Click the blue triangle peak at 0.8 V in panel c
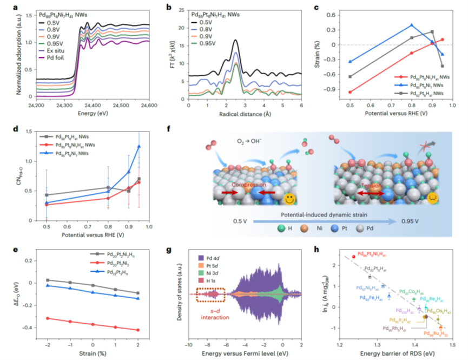pyautogui.click(x=412, y=25)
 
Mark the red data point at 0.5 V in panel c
pyautogui.click(x=350, y=92)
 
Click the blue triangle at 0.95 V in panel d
pyautogui.click(x=139, y=146)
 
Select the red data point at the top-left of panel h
pyautogui.click(x=354, y=256)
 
